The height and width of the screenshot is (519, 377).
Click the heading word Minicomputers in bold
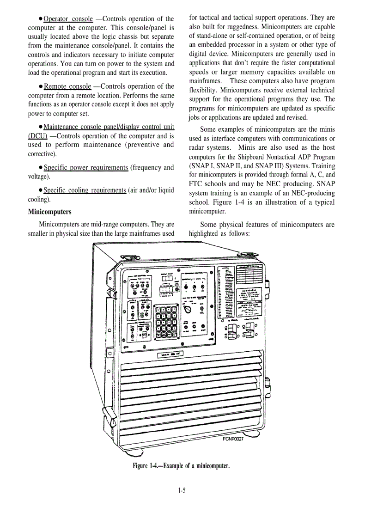tap(50, 212)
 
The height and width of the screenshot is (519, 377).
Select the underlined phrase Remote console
tap(67, 86)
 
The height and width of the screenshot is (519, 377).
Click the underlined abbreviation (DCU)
tap(38, 136)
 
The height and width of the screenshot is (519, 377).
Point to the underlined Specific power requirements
tap(86, 167)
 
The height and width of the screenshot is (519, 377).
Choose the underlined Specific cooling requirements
tap(85, 190)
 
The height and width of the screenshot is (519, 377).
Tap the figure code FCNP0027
tap(230, 439)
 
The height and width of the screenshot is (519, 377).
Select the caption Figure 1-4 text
tap(181, 465)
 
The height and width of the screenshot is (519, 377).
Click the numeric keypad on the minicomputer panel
tap(165, 324)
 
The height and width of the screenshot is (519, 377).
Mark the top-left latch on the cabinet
tap(128, 257)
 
